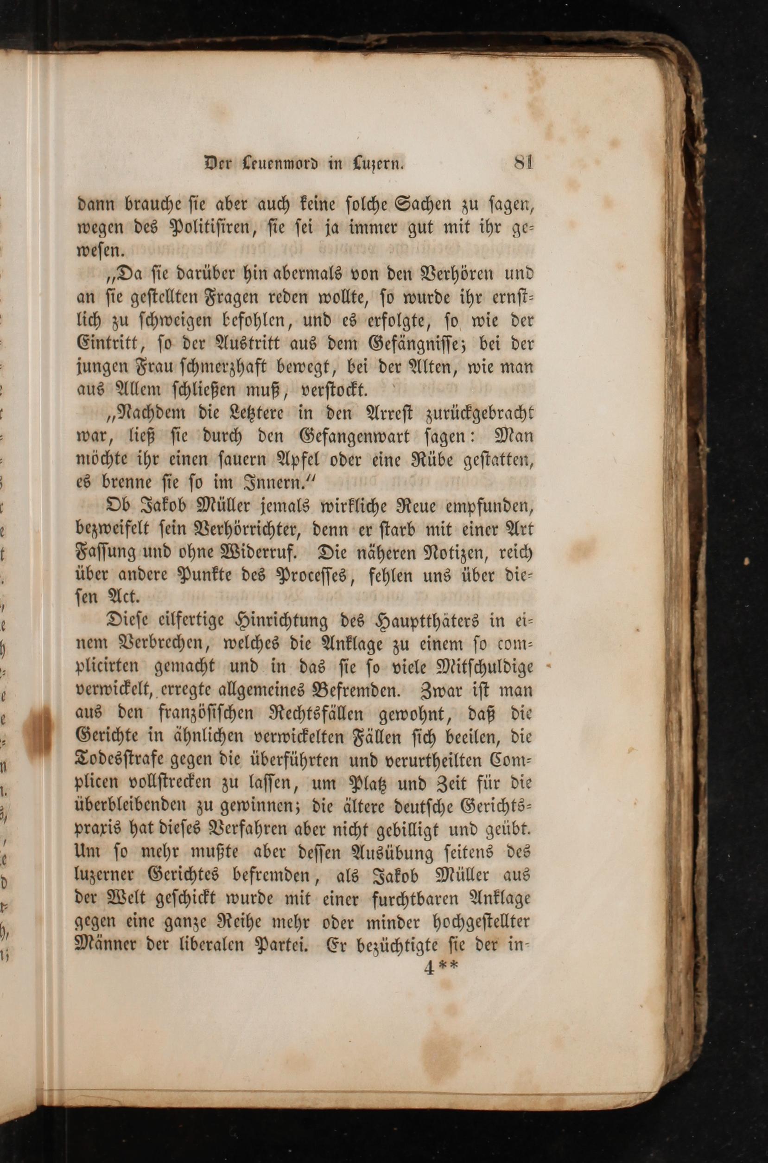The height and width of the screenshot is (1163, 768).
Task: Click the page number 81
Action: (523, 162)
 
